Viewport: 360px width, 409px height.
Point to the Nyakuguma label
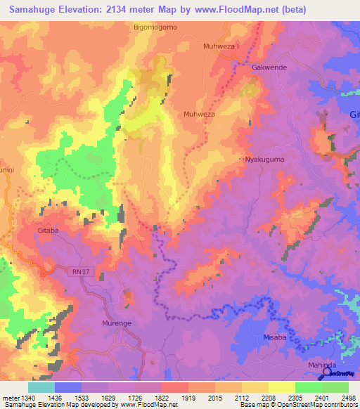click(x=264, y=160)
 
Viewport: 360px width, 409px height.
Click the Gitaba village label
click(x=49, y=231)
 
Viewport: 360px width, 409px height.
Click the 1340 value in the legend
click(x=23, y=397)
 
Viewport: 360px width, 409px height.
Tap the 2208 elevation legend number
click(x=269, y=397)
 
